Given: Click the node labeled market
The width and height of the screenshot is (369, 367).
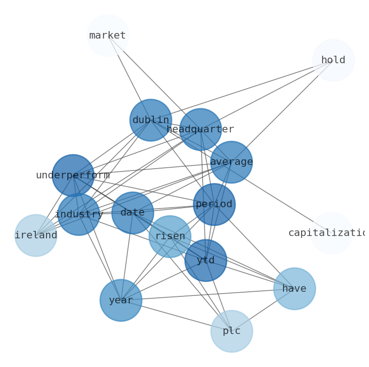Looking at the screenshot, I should (108, 36).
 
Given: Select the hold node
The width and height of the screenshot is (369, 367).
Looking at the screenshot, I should (333, 60).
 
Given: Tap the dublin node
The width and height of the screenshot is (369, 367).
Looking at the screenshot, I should (151, 120).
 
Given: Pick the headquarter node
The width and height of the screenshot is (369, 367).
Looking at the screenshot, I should (200, 130).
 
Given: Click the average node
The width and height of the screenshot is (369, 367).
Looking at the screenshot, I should (231, 162).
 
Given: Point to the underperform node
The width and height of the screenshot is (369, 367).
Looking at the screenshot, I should (73, 176).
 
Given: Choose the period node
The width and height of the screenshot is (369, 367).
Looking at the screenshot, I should (214, 204).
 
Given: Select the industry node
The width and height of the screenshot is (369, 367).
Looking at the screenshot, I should (79, 215).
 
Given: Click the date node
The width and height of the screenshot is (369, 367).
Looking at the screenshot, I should (133, 213).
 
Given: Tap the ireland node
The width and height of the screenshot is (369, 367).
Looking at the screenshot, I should (36, 236).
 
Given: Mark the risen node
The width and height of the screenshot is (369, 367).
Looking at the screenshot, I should (170, 236).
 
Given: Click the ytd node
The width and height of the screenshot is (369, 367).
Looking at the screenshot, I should (206, 261).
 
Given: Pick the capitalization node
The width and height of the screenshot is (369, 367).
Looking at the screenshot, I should (331, 233).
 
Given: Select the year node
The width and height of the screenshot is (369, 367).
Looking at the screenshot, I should (121, 301).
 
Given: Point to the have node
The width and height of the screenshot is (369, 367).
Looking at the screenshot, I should (295, 289).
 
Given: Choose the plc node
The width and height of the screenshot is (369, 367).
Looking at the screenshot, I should (231, 331).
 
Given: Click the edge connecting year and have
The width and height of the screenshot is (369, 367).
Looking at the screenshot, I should (208, 295).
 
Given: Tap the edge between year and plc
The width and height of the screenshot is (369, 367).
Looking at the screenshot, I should (176, 316).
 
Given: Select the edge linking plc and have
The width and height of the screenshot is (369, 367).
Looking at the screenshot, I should (263, 310).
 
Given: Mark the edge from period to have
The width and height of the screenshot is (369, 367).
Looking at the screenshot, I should (255, 247).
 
